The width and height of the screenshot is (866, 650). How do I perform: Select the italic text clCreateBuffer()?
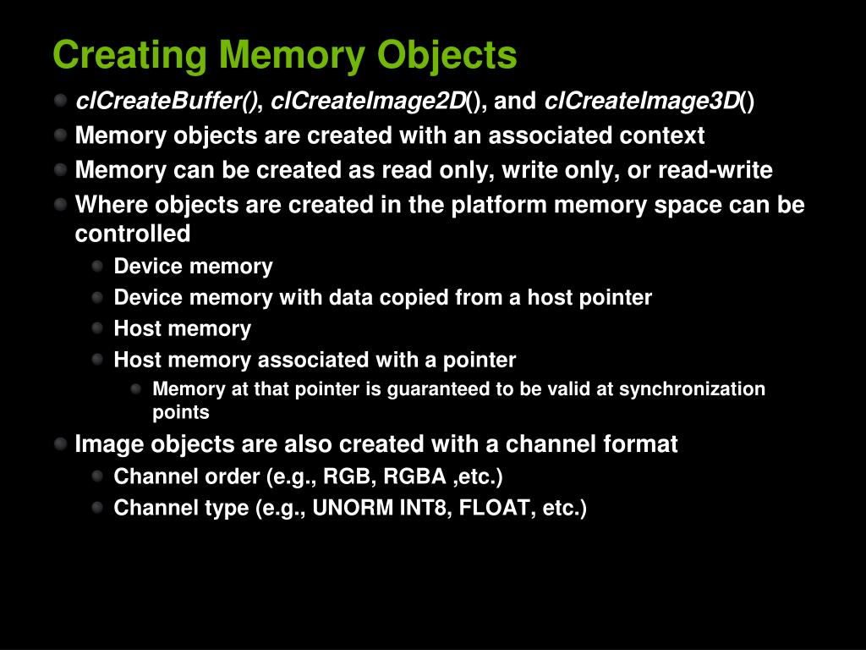coord(168,102)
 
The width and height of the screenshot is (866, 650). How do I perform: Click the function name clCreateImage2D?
coord(368,102)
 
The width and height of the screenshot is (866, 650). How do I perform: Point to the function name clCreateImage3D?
coord(642,102)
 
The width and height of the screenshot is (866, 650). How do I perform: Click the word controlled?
coord(133,234)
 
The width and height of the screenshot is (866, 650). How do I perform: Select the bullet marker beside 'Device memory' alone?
coord(97,266)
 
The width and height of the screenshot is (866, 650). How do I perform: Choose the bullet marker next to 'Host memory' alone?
coord(97,328)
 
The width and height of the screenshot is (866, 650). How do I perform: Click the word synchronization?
coord(692,389)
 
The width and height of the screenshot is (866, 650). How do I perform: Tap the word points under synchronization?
coord(180,413)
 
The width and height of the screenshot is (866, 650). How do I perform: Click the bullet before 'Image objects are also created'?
coord(60,443)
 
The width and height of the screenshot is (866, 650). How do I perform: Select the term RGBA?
coord(414,476)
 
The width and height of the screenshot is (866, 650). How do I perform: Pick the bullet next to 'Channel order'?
coord(97,476)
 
